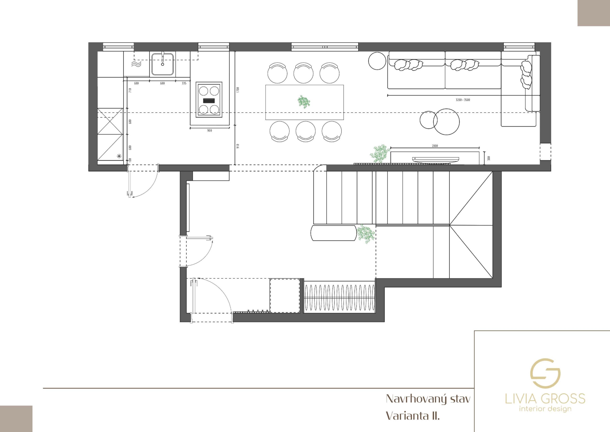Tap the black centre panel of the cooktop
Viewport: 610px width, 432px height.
pos(209,101)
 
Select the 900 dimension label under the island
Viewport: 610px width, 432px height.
pos(210,131)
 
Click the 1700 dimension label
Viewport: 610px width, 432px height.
pos(238,90)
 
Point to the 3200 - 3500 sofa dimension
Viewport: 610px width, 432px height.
pos(463,100)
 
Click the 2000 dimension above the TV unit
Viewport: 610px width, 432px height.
pos(435,146)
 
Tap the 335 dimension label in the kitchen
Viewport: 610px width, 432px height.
pos(184,83)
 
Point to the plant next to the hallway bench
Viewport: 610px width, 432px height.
pos(366,234)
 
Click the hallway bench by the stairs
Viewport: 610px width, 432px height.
pos(333,233)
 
